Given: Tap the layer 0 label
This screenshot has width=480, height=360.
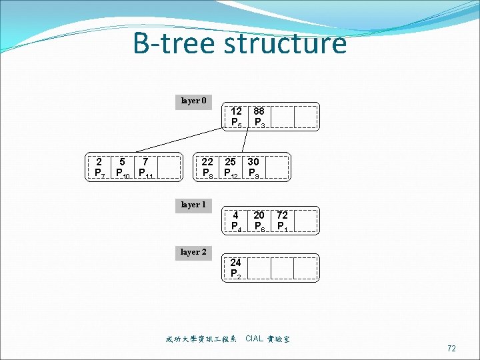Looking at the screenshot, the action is coord(194,101).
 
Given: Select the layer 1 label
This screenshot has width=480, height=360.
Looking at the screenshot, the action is coord(194,205).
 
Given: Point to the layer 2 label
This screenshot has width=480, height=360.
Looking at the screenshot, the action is coord(194,252).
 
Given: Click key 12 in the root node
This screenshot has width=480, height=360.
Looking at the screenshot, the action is coord(237,111).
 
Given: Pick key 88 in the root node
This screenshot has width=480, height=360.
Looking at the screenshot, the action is coord(259,111).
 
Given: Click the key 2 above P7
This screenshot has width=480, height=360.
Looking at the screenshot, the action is coord(99,161).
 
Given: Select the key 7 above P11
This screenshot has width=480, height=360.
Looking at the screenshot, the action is coord(145,161).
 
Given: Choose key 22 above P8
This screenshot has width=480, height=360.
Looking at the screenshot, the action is coord(207,161).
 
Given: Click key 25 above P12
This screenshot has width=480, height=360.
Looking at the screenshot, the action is coord(231,161).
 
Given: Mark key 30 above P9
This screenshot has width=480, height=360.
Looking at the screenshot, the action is coord(253,161).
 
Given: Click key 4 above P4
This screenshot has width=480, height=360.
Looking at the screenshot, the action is coord(236,215).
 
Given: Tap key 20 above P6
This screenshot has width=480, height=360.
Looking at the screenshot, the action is coord(259,215).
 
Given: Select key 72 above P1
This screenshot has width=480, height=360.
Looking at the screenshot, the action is coord(282,215).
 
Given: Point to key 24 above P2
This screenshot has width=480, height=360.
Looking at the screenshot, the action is coord(235,263).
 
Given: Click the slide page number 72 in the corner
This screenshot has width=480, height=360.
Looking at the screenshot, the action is coord(451,348).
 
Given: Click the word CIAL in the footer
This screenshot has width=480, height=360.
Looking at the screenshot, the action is coord(254,339).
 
